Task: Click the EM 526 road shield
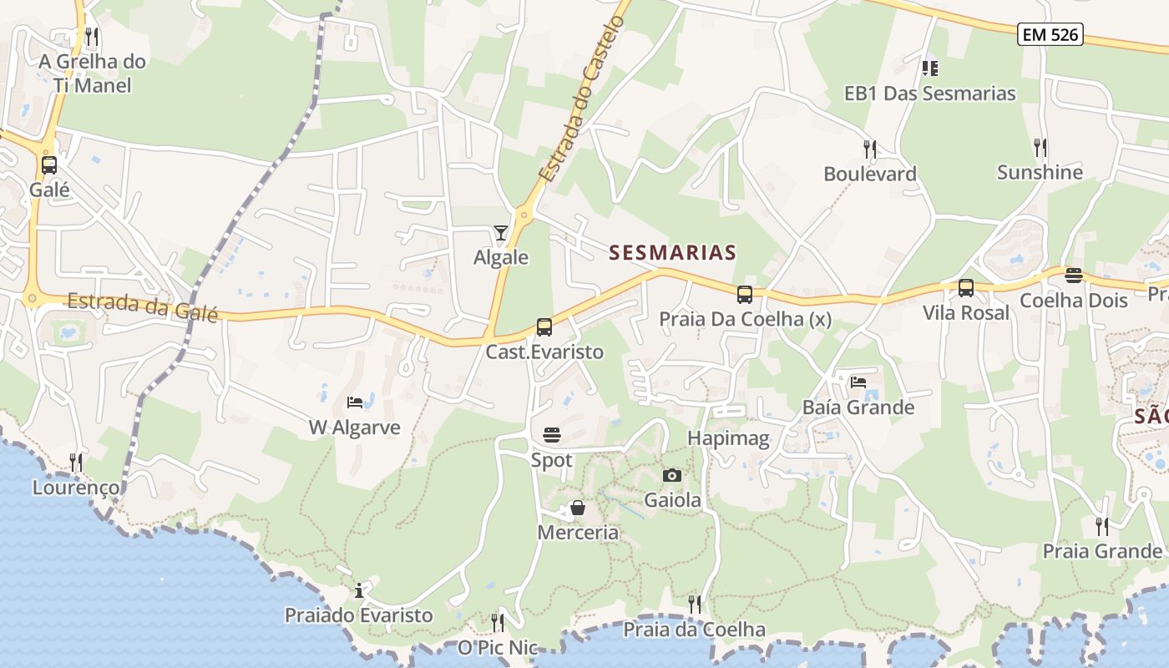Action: tap(1050, 34)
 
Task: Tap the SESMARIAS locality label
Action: tap(673, 252)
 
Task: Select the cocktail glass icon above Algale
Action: tap(501, 232)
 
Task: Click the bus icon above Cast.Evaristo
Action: tap(544, 327)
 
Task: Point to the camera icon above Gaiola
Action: tap(671, 476)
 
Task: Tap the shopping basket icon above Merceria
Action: tap(577, 508)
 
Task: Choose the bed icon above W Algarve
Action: tap(355, 402)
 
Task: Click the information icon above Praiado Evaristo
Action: tap(359, 591)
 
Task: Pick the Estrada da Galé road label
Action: tap(142, 306)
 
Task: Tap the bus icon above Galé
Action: tap(49, 164)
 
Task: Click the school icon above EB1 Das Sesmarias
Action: tap(929, 68)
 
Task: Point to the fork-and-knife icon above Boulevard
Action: tap(870, 149)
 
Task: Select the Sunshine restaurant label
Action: tap(1040, 173)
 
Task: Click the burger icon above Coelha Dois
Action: tap(1074, 276)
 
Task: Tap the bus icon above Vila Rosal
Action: tap(966, 288)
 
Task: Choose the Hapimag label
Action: tap(728, 438)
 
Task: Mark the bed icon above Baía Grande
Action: tap(858, 382)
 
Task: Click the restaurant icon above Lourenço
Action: tap(76, 462)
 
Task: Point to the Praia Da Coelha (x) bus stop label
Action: tap(745, 319)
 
